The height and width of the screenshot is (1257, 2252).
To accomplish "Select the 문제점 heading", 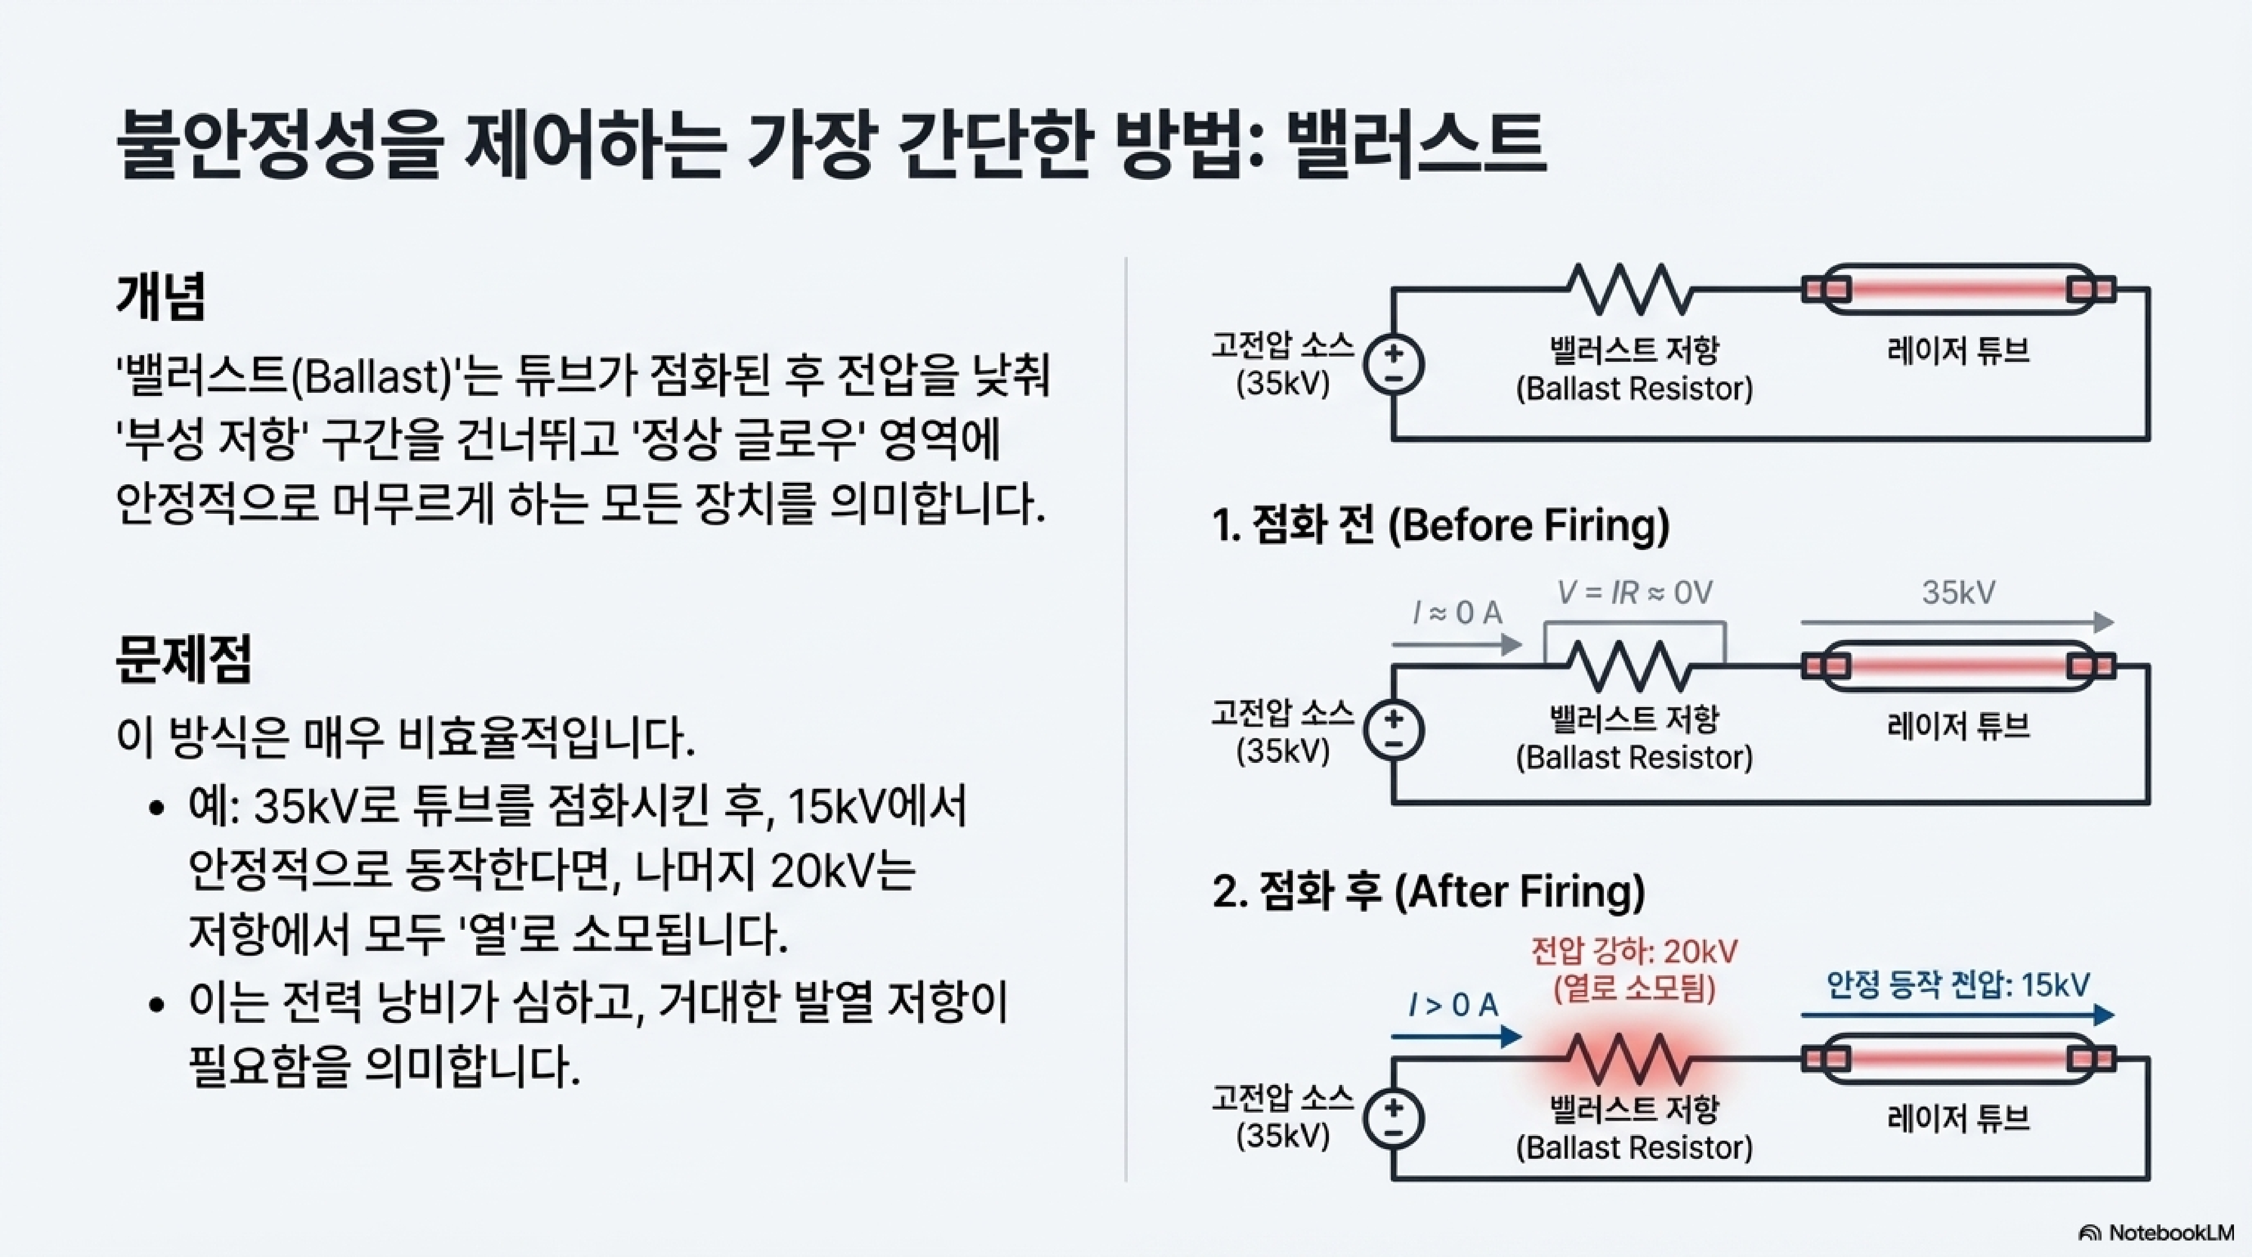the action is [x=183, y=657].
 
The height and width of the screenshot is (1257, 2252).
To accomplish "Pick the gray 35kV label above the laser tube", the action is [x=1958, y=593].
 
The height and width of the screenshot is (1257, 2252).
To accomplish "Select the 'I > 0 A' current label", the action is [x=1453, y=1005].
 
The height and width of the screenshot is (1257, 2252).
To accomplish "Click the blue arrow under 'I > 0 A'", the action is [x=1456, y=1037].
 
